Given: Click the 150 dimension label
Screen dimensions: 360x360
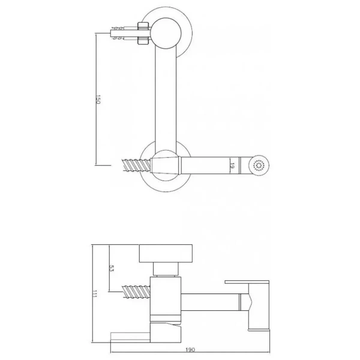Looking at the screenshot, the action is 98,99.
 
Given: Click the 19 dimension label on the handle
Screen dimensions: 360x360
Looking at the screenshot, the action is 232,166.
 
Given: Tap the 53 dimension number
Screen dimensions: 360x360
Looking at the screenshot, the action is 112,268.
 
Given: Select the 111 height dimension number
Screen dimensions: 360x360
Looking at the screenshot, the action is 94,294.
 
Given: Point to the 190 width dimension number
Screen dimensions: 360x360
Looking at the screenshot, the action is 190,350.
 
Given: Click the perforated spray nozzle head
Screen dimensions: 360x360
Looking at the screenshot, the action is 259,166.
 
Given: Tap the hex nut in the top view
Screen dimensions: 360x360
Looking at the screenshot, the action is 143,33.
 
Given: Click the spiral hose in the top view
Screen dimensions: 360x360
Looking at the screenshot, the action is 137,165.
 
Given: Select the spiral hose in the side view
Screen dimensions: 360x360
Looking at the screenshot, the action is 137,292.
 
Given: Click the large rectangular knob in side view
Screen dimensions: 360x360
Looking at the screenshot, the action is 166,253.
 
